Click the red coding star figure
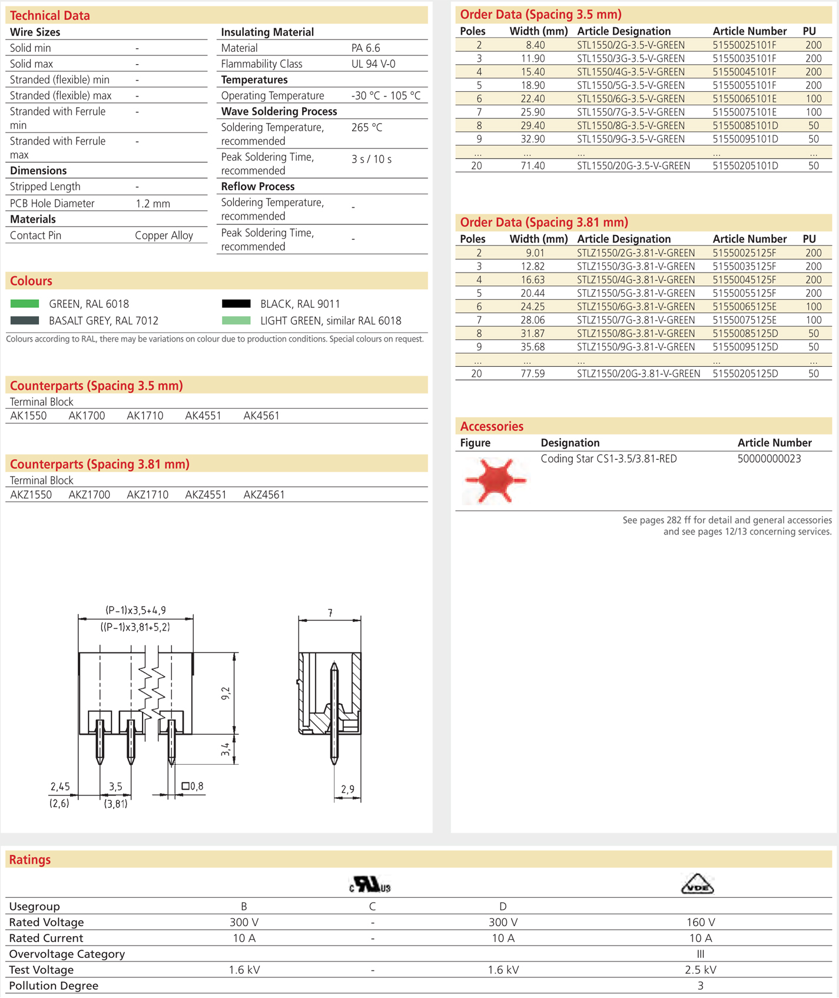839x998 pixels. coord(495,480)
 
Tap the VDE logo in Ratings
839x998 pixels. coord(697,884)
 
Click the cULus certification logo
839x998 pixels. coord(370,885)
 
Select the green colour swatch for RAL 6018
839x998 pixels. coord(25,304)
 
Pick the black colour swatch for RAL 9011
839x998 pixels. coord(236,304)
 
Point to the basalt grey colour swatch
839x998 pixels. coord(25,321)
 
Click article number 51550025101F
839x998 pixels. coord(744,45)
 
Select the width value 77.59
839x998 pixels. coord(532,374)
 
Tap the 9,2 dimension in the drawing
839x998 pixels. coord(225,693)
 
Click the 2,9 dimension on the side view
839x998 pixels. coord(348,789)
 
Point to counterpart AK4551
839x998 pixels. coord(203,416)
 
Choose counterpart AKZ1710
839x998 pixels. coord(147,495)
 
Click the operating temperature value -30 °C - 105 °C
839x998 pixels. coord(386,96)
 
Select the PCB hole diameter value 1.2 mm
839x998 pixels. coord(152,204)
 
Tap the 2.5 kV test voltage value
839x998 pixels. coord(700,970)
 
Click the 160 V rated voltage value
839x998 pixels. coord(700,922)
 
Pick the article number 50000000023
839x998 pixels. coord(769,459)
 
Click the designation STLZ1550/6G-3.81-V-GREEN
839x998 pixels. coord(635,307)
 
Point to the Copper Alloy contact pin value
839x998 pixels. coord(164,236)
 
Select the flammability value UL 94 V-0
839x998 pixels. coord(373,64)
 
